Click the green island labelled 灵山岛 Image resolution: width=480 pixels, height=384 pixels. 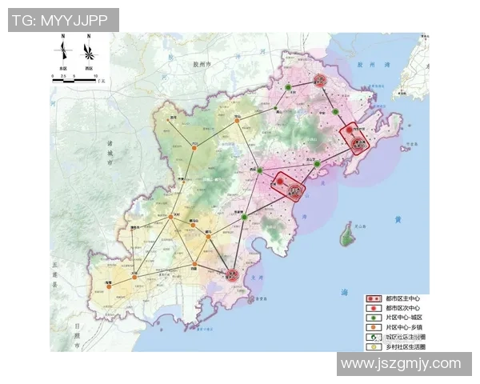347,234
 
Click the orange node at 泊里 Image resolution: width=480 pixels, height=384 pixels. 194,264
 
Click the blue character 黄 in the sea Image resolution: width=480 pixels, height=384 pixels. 398,219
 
